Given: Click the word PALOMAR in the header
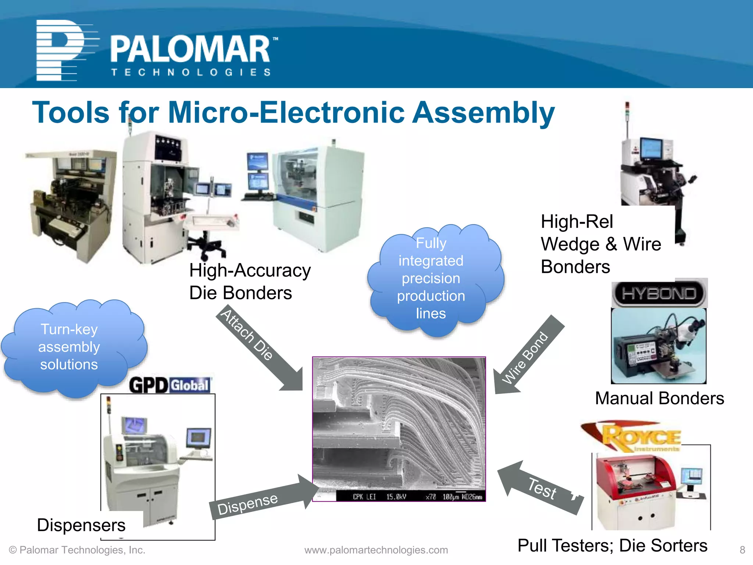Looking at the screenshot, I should [x=190, y=50].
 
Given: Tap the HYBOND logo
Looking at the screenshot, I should [x=659, y=294].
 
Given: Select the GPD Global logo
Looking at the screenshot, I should [x=170, y=385].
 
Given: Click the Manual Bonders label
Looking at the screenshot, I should [x=659, y=398].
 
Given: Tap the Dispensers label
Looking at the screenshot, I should [x=81, y=525].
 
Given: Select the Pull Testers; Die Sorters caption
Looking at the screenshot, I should [x=612, y=546].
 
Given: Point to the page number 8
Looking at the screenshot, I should [x=742, y=550].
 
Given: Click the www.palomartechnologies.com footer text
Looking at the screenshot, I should [x=376, y=550].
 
